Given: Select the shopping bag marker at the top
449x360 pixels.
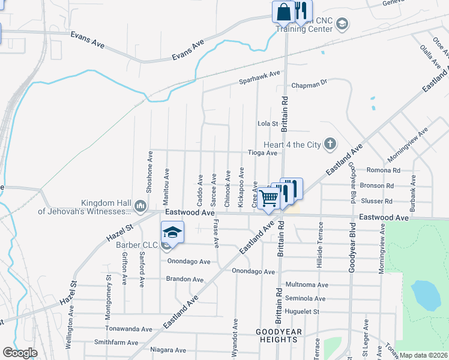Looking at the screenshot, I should coord(283,11).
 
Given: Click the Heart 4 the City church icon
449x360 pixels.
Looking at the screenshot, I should coord(330,143).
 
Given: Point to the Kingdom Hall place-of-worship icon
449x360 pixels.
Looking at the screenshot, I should coord(141,206).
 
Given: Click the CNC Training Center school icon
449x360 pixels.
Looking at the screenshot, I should coord(342,24).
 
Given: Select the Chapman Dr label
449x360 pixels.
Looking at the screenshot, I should coord(309,85).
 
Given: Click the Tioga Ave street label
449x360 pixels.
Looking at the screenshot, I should coord(263,153).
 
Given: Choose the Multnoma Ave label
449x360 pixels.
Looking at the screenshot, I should coord(307,284).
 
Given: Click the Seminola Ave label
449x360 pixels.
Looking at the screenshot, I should coord(305,298).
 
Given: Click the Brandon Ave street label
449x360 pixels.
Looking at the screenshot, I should coord(185,280).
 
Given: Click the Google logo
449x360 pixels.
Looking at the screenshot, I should coord(20,353).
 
